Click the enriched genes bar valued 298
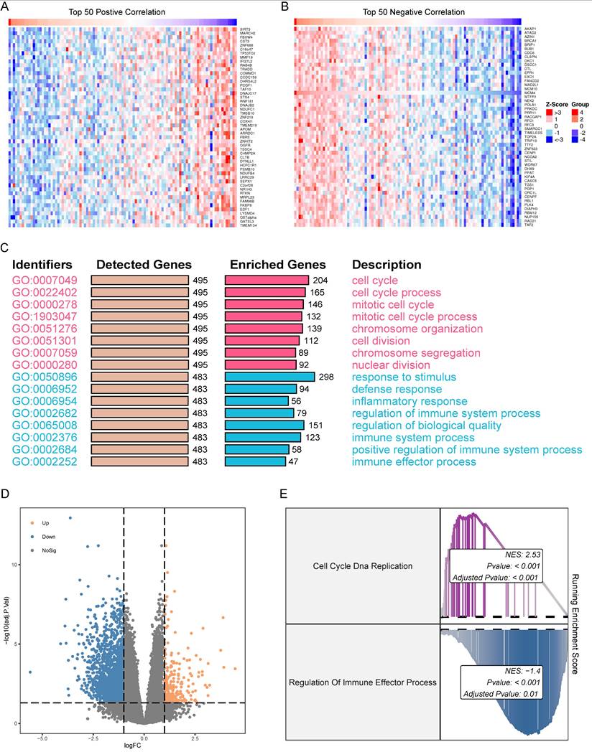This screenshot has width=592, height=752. (270, 377)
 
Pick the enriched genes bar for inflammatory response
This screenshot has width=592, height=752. (257, 401)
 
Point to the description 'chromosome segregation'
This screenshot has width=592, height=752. (415, 352)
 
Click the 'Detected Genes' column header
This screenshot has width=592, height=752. (144, 265)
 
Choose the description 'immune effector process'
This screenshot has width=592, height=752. (413, 461)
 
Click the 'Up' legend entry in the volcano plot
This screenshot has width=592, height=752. (45, 523)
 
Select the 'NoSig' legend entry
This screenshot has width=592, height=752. (49, 550)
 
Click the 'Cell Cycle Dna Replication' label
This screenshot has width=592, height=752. (362, 566)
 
